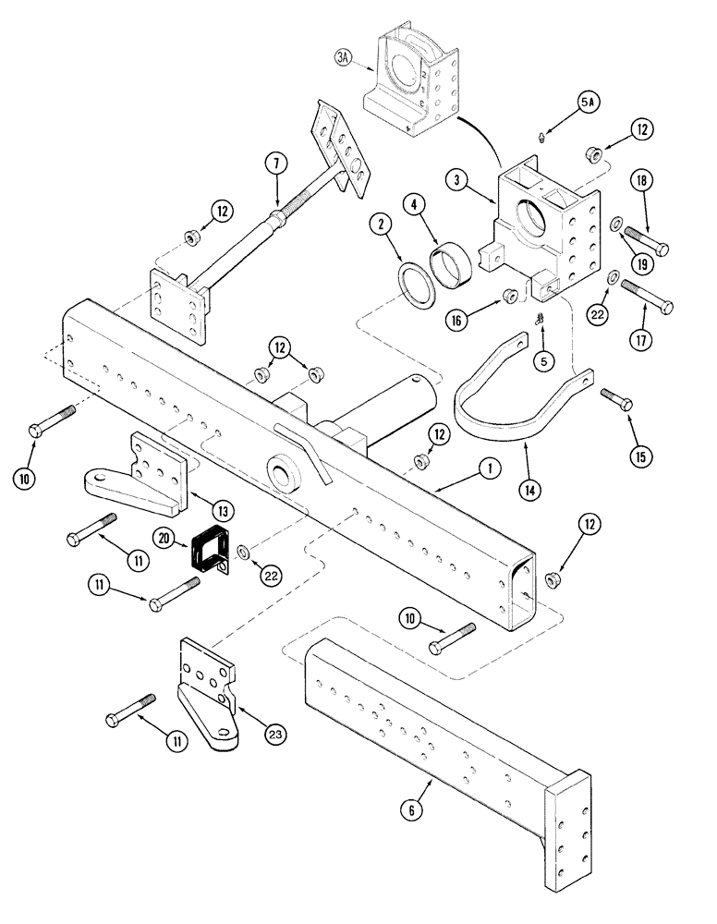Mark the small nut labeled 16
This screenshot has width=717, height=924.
tap(506, 295)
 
